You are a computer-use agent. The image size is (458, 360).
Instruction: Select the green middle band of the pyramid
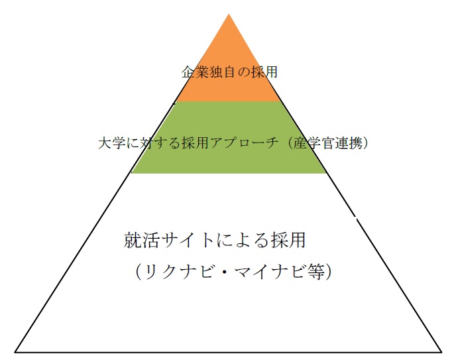[229, 137]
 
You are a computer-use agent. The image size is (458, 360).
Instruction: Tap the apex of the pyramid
[229, 14]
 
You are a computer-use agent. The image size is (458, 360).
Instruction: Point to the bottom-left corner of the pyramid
[15, 351]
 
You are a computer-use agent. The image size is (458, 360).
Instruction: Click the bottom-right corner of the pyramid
[441, 351]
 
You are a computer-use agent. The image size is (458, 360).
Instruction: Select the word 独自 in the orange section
[222, 72]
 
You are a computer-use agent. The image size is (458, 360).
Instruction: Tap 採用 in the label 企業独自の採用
[264, 72]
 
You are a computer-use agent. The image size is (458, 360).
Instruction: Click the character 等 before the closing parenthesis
[315, 272]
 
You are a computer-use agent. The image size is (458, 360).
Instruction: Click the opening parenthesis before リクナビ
[139, 272]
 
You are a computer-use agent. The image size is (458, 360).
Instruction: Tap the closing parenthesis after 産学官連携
[365, 143]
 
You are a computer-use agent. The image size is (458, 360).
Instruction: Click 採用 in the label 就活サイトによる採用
[288, 240]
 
